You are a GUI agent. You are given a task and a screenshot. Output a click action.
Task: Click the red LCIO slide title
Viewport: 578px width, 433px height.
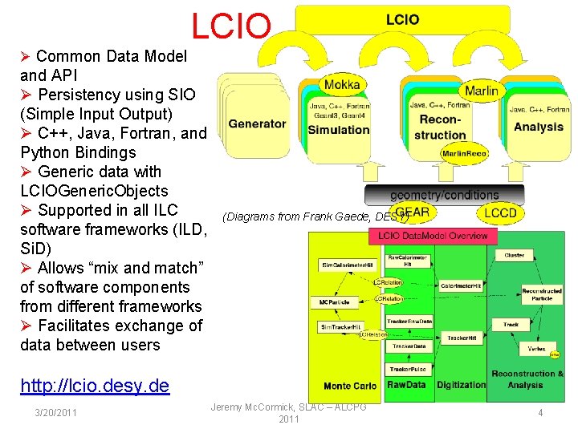[x=231, y=26]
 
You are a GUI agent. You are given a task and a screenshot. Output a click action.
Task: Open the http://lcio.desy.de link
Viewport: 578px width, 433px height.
[x=95, y=386]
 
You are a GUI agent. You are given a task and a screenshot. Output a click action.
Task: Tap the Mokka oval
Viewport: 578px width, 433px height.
[x=343, y=85]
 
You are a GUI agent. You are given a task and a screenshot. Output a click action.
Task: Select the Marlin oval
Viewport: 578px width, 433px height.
[x=481, y=91]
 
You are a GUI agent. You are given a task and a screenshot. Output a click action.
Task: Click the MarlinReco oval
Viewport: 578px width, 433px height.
[x=463, y=153]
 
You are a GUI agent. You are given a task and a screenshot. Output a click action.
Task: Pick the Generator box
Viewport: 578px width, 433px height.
[x=257, y=123]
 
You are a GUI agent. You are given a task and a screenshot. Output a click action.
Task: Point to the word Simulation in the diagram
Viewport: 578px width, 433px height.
[x=339, y=130]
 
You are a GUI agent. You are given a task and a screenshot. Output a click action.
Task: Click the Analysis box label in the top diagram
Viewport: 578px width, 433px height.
[x=538, y=127]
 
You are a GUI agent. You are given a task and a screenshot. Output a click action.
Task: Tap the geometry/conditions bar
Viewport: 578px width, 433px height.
[x=444, y=195]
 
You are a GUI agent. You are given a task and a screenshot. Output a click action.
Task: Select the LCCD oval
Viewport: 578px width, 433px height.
[x=500, y=212]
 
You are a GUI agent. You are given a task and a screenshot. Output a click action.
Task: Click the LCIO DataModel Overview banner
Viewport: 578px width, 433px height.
[x=433, y=236]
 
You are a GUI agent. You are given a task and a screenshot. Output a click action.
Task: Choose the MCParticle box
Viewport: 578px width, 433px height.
[x=334, y=302]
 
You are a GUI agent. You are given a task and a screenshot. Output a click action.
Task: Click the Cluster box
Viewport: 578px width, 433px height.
[x=515, y=255]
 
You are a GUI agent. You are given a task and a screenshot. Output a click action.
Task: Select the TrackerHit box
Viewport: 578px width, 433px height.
[x=461, y=338]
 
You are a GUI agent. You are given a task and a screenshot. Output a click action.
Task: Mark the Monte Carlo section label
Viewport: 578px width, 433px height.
[x=348, y=386]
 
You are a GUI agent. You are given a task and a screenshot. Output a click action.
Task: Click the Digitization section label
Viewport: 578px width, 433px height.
[x=462, y=385]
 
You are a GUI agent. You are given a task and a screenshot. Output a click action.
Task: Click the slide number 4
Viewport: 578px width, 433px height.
[x=540, y=412]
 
